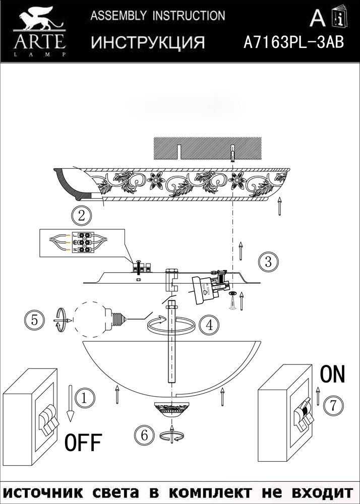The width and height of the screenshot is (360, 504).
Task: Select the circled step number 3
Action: pyautogui.click(x=268, y=262)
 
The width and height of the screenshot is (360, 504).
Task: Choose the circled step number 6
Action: pyautogui.click(x=145, y=434)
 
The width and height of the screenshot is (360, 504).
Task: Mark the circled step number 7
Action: pyautogui.click(x=333, y=405)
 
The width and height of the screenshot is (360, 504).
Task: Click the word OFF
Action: pyautogui.click(x=83, y=444)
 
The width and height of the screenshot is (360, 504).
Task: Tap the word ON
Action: pyautogui.click(x=333, y=374)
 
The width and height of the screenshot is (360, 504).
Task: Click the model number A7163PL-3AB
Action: pyautogui.click(x=293, y=43)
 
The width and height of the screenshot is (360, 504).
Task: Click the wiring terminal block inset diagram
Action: pyautogui.click(x=81, y=242)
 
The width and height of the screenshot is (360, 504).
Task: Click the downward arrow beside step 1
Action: pyautogui.click(x=71, y=403)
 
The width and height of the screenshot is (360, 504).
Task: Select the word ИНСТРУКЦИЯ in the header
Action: pyautogui.click(x=148, y=43)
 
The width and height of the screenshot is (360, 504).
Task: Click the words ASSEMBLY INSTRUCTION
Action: pyautogui.click(x=158, y=16)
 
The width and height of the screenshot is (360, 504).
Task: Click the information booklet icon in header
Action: pyautogui.click(x=338, y=19)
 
